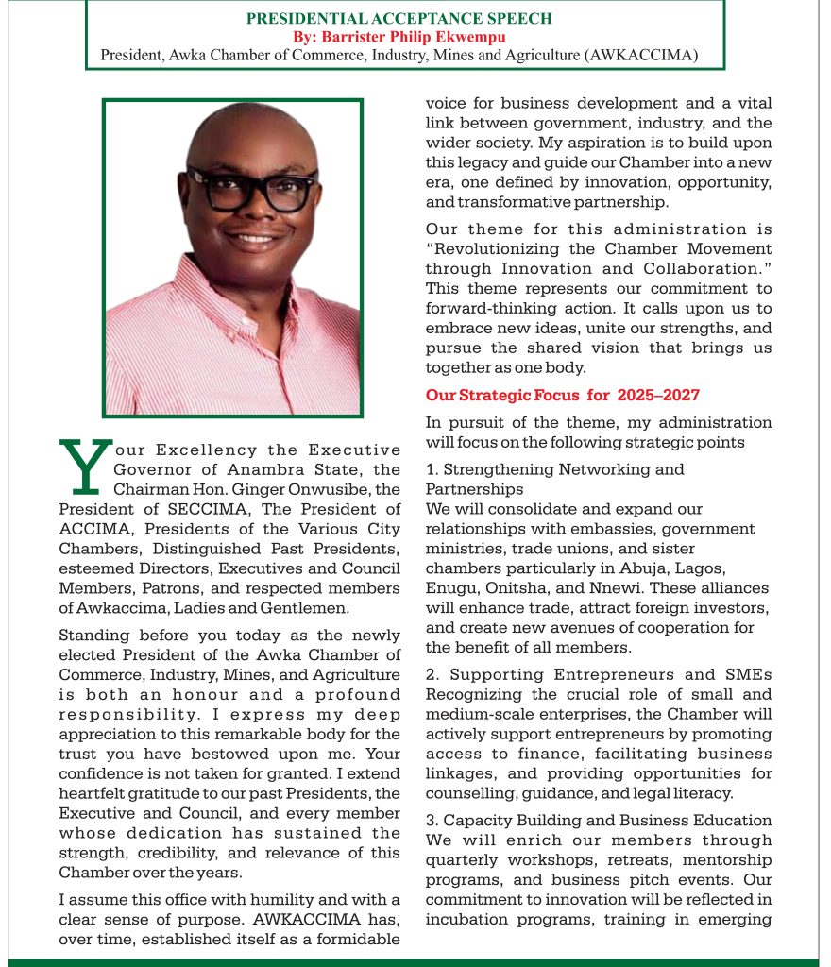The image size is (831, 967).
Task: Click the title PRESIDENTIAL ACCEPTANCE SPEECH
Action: tap(399, 19)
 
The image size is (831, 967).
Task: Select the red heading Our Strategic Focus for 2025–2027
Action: tap(562, 395)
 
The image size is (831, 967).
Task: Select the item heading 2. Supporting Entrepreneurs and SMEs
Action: tap(598, 674)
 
